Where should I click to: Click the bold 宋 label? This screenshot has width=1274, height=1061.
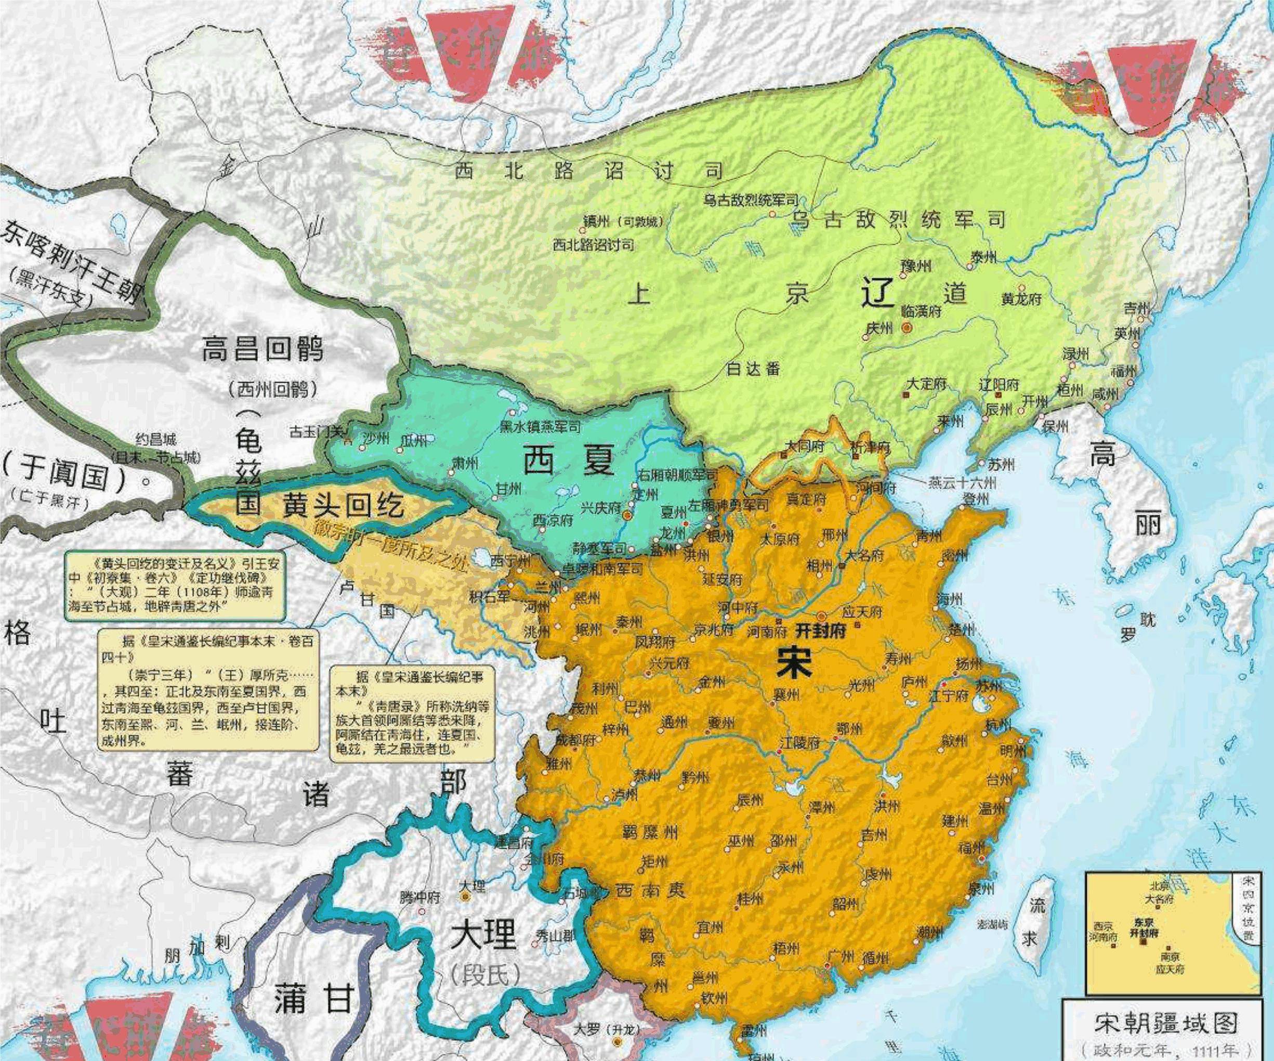point(794,665)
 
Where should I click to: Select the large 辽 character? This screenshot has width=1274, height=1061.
point(878,295)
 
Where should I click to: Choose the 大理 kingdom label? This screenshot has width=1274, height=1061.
point(483,935)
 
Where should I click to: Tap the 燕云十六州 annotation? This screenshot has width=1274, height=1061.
point(962,483)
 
